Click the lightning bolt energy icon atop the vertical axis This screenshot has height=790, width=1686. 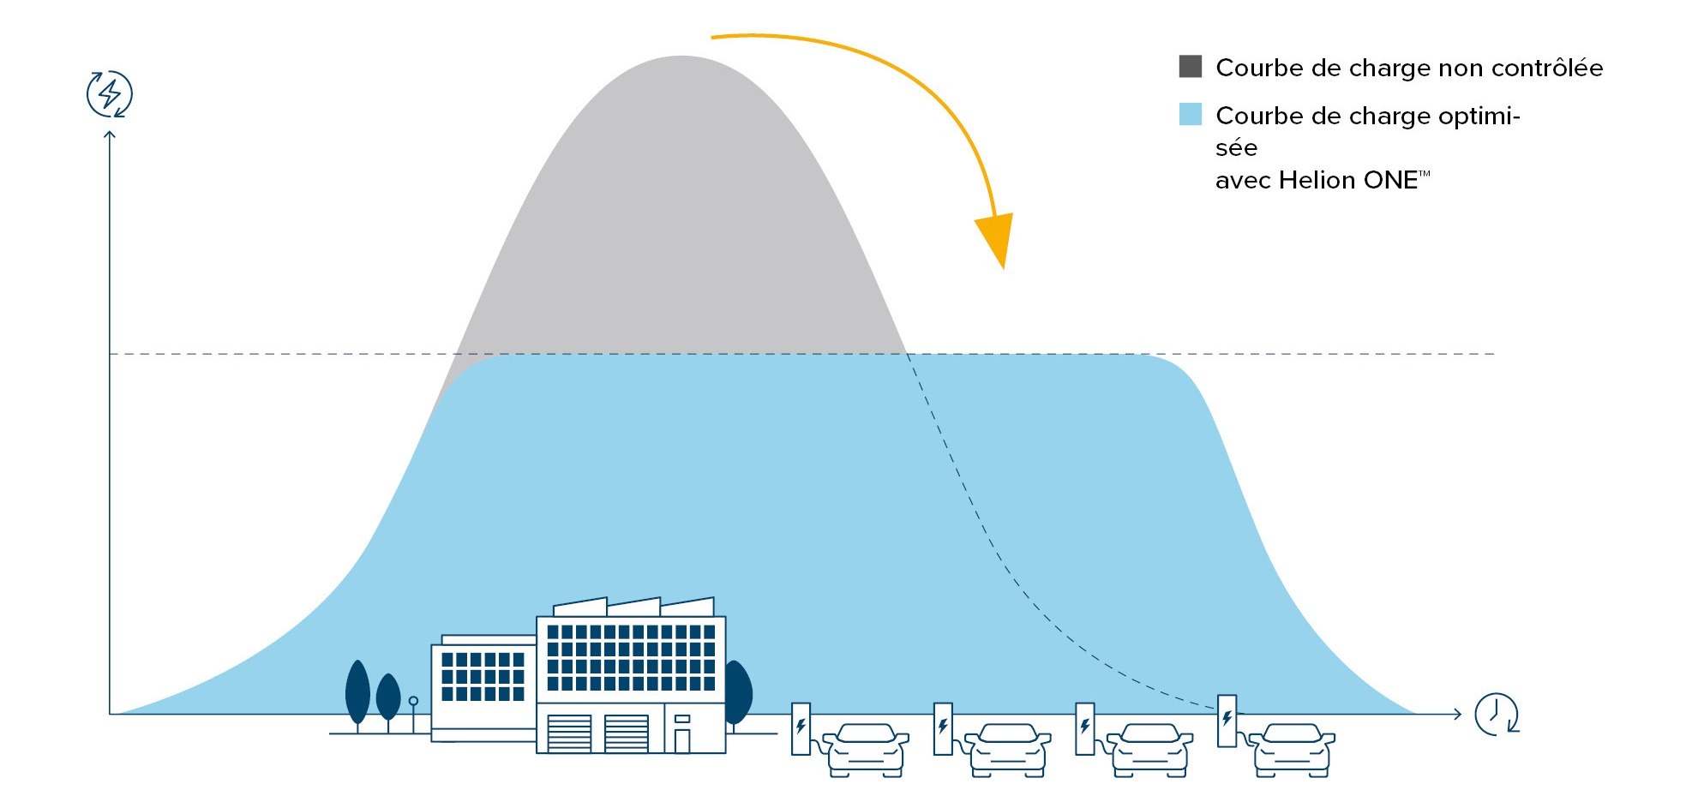tap(110, 94)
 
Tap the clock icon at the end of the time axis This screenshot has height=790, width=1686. tap(1496, 714)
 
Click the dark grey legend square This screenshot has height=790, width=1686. tap(1191, 67)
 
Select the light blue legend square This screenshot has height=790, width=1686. tap(1191, 115)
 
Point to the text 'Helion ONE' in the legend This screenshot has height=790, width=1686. tap(1349, 180)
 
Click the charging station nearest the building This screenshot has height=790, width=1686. tap(801, 728)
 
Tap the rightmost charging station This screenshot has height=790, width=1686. tap(1227, 721)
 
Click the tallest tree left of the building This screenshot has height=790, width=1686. tap(357, 691)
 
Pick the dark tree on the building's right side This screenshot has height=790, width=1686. tap(737, 692)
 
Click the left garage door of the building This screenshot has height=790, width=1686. tap(569, 733)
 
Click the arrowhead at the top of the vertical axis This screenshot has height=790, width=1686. tap(110, 135)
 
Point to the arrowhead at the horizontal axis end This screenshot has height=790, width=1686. tap(1456, 714)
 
